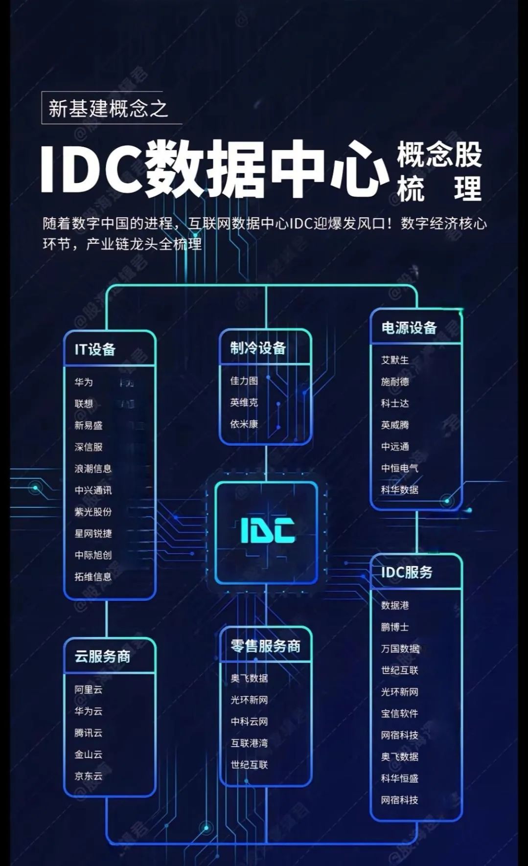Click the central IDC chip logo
pyautogui.click(x=267, y=531)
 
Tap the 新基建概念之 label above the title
pyautogui.click(x=108, y=108)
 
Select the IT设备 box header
pyautogui.click(x=95, y=349)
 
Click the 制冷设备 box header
pyautogui.click(x=258, y=348)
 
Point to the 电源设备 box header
pyautogui.click(x=409, y=328)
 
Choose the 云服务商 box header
pyautogui.click(x=102, y=656)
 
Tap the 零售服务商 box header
pyautogui.click(x=266, y=646)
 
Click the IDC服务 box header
pyautogui.click(x=407, y=572)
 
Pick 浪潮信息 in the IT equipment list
pyautogui.click(x=93, y=469)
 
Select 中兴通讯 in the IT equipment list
pyautogui.click(x=93, y=490)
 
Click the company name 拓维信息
pyautogui.click(x=93, y=577)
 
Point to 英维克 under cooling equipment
pyautogui.click(x=244, y=403)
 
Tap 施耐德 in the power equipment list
pyautogui.click(x=395, y=382)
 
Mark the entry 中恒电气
pyautogui.click(x=400, y=468)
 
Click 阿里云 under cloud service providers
pyautogui.click(x=89, y=689)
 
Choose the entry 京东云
pyautogui.click(x=89, y=776)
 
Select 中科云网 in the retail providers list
pyautogui.click(x=249, y=722)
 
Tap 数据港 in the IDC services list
pyautogui.click(x=395, y=605)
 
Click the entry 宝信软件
pyautogui.click(x=400, y=713)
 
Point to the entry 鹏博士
pyautogui.click(x=395, y=627)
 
